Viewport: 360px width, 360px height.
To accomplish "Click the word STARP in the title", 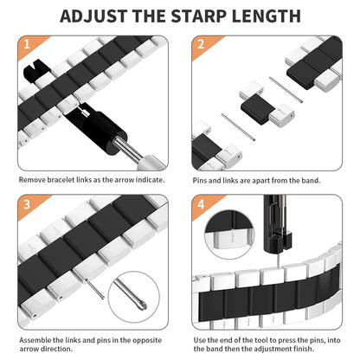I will tap(196, 16).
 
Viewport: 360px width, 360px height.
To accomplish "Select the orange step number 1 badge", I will tap(26, 45).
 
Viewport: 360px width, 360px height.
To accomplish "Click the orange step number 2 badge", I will tap(199, 45).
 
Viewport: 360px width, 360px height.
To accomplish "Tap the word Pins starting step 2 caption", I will tap(200, 180).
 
